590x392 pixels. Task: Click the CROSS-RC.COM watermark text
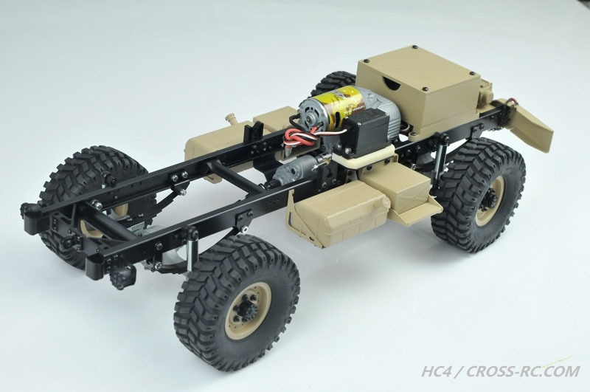coord(523,371)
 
